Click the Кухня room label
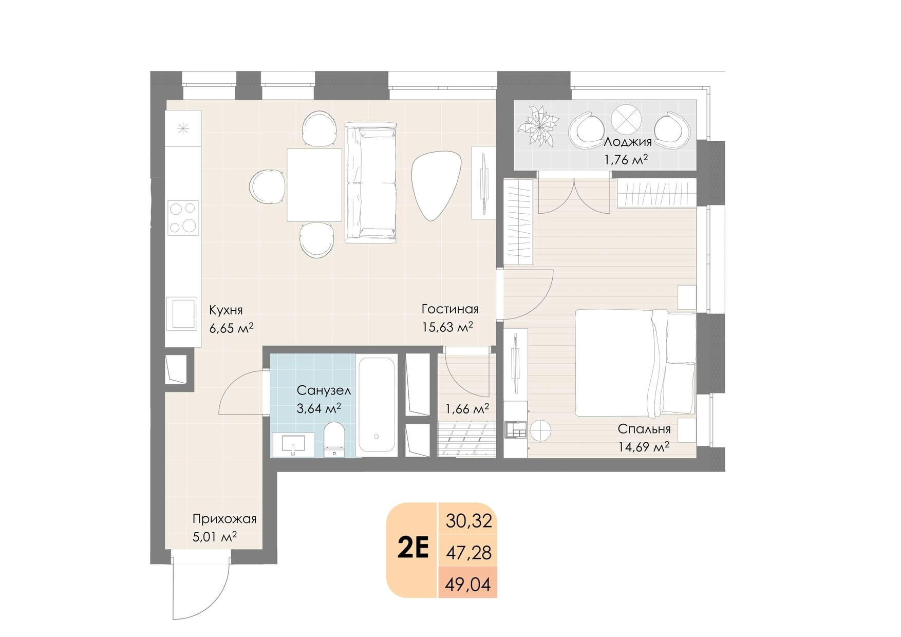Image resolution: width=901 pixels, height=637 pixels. point(226,310)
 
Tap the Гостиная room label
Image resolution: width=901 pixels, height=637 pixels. point(450,309)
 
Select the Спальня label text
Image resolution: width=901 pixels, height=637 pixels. point(644,429)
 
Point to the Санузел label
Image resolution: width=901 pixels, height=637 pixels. point(324,391)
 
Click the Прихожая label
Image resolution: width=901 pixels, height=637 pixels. point(224,519)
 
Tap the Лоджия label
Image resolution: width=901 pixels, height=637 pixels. point(628,142)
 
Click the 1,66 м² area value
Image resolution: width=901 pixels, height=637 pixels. point(467,409)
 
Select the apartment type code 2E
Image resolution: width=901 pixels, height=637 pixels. point(413,549)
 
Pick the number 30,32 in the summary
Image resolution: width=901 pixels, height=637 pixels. point(469,521)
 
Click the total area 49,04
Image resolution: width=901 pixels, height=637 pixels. point(468,584)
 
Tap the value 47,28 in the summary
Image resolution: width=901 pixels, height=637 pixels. point(469,553)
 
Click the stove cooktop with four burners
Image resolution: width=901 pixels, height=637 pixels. point(183,217)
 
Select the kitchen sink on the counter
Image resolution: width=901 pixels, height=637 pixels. point(182,313)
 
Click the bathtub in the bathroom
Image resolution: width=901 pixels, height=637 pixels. point(377,405)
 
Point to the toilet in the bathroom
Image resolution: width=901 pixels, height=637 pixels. point(335,440)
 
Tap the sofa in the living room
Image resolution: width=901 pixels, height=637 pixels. point(371,182)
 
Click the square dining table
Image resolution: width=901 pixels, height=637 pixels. point(314,185)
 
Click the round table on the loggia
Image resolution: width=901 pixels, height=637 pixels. point(626,119)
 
